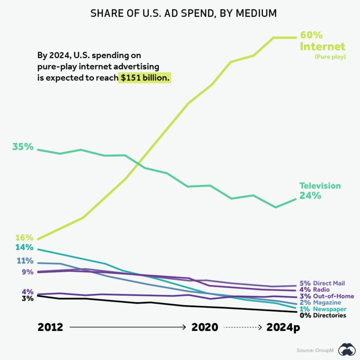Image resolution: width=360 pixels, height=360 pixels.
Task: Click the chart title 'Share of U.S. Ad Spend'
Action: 180,14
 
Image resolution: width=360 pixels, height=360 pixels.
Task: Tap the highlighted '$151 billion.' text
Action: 144,78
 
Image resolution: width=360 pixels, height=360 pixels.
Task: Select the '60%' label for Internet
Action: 311,36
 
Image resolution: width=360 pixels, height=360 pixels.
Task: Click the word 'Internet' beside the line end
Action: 322,47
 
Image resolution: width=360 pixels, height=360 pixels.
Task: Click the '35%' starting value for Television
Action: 23,147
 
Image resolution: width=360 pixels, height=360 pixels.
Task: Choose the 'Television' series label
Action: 320,186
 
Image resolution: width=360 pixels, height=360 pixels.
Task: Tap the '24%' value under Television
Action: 310,196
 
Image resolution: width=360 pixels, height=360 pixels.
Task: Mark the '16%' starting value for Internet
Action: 24,238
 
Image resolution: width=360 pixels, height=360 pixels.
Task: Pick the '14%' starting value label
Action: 24,247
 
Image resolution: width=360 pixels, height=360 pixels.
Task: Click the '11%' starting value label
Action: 25,261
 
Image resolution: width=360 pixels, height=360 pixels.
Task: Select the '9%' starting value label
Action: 27,272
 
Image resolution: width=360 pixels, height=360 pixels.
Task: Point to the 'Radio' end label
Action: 321,290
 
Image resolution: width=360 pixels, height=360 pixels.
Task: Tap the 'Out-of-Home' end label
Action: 333,296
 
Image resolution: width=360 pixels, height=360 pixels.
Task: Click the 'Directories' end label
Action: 330,315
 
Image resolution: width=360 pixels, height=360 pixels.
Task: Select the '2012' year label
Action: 50,328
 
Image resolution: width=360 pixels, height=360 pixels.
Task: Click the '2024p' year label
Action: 283,328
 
